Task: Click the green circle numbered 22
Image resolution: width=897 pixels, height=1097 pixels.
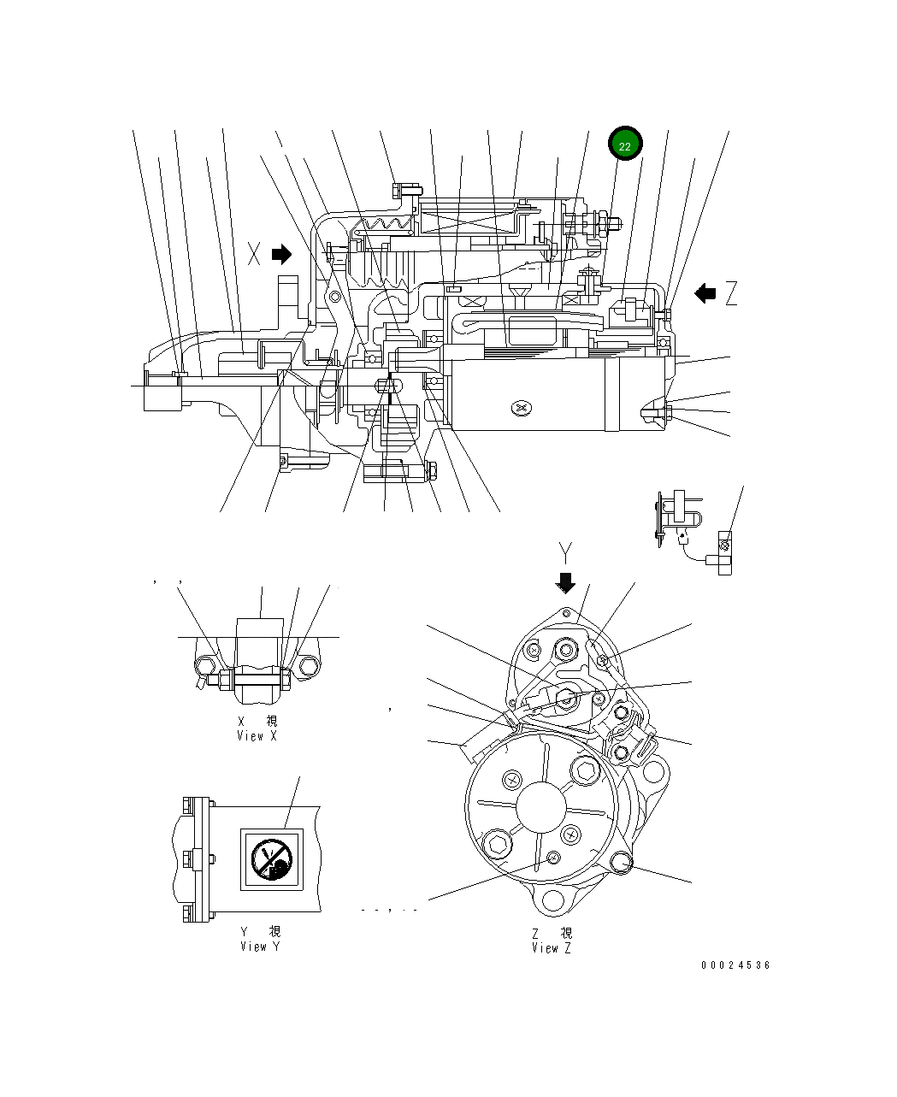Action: click(625, 146)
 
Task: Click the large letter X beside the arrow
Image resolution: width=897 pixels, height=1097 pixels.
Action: click(254, 254)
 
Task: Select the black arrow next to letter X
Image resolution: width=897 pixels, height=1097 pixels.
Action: click(281, 254)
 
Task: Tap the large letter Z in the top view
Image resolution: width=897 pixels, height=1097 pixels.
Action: click(730, 294)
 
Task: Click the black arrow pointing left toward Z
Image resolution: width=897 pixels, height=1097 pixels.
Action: click(705, 294)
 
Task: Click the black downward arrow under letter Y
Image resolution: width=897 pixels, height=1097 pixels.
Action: click(565, 582)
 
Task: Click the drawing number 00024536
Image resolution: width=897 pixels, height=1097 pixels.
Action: click(735, 965)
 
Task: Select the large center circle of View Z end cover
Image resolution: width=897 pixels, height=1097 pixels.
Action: click(541, 806)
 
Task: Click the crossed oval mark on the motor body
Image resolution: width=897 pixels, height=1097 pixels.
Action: click(521, 409)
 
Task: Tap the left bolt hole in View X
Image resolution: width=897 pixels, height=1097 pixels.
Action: click(204, 667)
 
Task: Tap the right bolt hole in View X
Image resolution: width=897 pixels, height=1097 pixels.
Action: click(308, 667)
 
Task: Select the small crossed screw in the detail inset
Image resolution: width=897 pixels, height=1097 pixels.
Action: click(724, 545)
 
